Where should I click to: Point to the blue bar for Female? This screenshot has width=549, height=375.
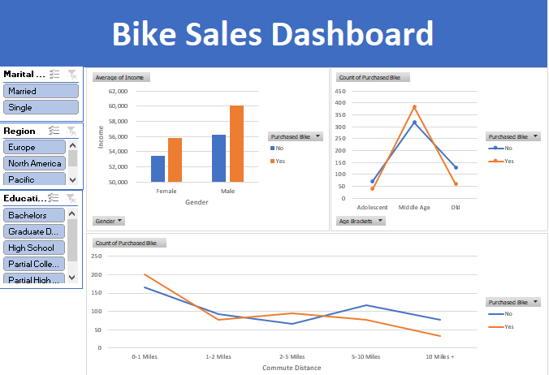point(158,169)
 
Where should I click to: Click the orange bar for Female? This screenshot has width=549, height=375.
point(175,160)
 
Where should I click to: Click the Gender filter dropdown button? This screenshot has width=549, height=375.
point(109,221)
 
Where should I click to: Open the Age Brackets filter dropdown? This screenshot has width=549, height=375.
point(361,221)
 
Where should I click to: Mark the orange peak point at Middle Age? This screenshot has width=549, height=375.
point(414,106)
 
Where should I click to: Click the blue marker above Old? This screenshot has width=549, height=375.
point(456,167)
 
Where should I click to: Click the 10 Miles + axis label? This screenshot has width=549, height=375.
point(440,356)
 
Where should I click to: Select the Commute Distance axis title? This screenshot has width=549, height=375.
point(292,368)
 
